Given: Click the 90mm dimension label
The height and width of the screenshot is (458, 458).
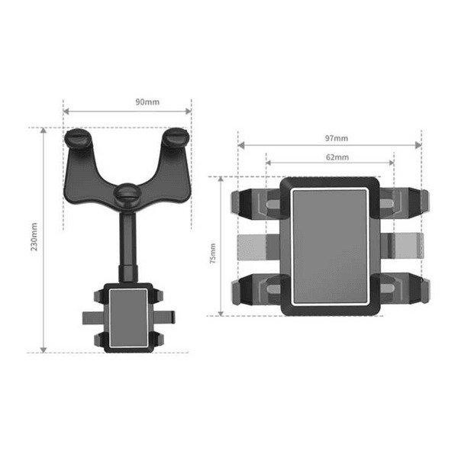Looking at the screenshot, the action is [147, 102].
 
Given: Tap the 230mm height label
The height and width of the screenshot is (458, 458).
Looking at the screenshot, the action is [34, 237].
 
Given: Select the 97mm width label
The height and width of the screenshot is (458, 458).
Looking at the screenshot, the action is [337, 138].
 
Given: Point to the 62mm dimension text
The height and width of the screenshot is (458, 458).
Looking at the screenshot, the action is [337, 157].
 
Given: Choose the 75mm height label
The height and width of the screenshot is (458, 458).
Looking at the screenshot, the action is [213, 253].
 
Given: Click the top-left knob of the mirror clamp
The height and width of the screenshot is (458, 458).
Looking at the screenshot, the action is [78, 138].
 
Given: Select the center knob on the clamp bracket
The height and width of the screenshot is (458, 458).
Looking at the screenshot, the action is [127, 193].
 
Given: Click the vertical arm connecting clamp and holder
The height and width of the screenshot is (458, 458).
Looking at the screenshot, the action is [127, 247].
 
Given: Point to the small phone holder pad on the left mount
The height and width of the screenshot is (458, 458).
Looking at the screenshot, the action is [128, 318].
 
